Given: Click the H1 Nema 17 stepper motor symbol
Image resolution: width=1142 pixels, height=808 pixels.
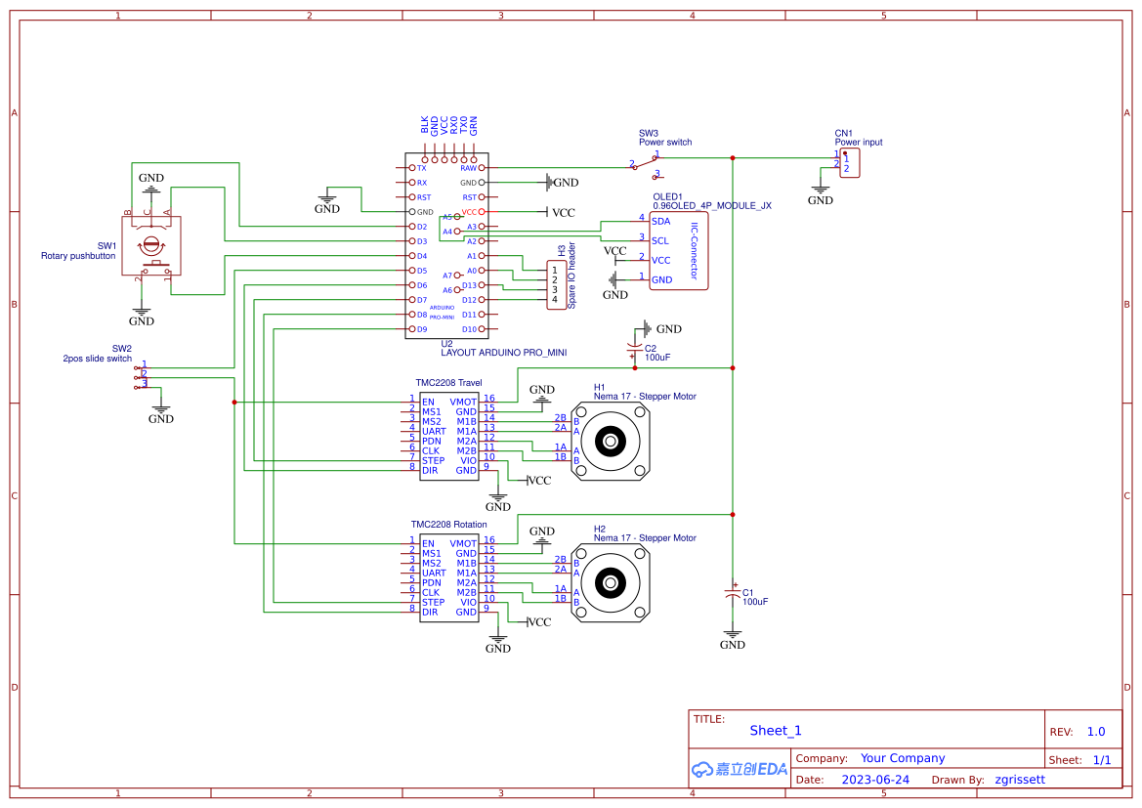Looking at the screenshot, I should point(611,442).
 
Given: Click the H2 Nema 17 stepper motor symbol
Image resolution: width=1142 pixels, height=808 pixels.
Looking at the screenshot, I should point(611,583).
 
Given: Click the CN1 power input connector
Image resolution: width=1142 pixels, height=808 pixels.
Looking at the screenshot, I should point(849,163).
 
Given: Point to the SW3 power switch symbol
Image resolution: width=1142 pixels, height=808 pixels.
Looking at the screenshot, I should point(646,165).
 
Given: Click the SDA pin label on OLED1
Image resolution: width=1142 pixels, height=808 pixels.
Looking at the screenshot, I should point(660,221).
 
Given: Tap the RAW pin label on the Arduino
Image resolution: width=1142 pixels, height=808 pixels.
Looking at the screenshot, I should point(468,168).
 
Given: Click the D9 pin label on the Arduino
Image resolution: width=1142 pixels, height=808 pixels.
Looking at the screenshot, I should point(422,329).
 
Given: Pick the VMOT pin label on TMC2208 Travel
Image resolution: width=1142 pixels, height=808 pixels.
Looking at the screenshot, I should point(463,402).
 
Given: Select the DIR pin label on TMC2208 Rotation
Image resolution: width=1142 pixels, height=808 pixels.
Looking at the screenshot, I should point(430,612).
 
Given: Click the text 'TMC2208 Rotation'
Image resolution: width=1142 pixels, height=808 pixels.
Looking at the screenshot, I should point(450,525).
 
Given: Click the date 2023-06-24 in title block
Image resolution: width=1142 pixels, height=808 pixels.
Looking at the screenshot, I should point(875,780).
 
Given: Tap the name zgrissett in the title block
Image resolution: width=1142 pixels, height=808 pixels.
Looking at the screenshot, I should point(1019,780).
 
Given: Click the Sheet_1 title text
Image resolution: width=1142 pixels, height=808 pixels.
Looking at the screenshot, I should point(775,730).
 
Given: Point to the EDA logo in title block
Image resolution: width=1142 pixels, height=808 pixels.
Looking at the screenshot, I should point(739,769).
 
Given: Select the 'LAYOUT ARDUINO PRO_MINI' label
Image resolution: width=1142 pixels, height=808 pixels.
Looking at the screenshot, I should point(503,353).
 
